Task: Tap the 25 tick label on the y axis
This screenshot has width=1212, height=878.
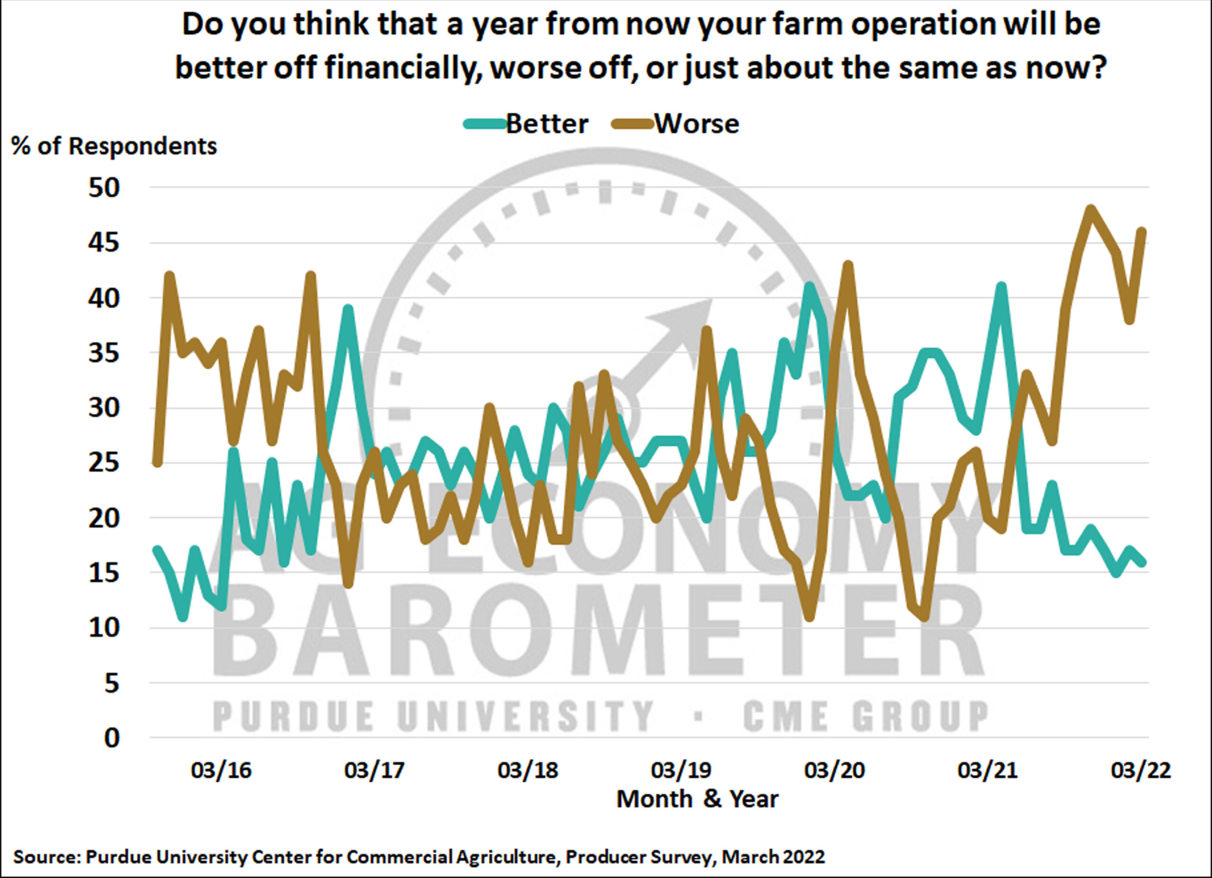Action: pyautogui.click(x=104, y=463)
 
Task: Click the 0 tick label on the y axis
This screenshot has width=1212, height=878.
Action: pyautogui.click(x=112, y=738)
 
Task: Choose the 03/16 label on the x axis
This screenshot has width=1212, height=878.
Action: pyautogui.click(x=221, y=771)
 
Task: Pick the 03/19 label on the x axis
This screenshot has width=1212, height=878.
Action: pyautogui.click(x=681, y=771)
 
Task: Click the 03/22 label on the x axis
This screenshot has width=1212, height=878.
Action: pyautogui.click(x=1141, y=771)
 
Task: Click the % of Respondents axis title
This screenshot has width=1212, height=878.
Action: pyautogui.click(x=114, y=146)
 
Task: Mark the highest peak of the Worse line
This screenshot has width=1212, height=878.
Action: pyautogui.click(x=1091, y=209)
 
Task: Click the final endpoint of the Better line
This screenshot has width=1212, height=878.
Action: pyautogui.click(x=1142, y=562)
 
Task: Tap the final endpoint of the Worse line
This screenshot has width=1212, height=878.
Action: pyautogui.click(x=1142, y=231)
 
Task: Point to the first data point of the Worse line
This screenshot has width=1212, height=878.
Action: pyautogui.click(x=157, y=463)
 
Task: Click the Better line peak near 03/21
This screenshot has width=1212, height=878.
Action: pyautogui.click(x=1001, y=287)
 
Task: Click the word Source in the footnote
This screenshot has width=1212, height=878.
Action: pyautogui.click(x=46, y=857)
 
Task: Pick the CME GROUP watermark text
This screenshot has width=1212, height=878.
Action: pyautogui.click(x=864, y=716)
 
